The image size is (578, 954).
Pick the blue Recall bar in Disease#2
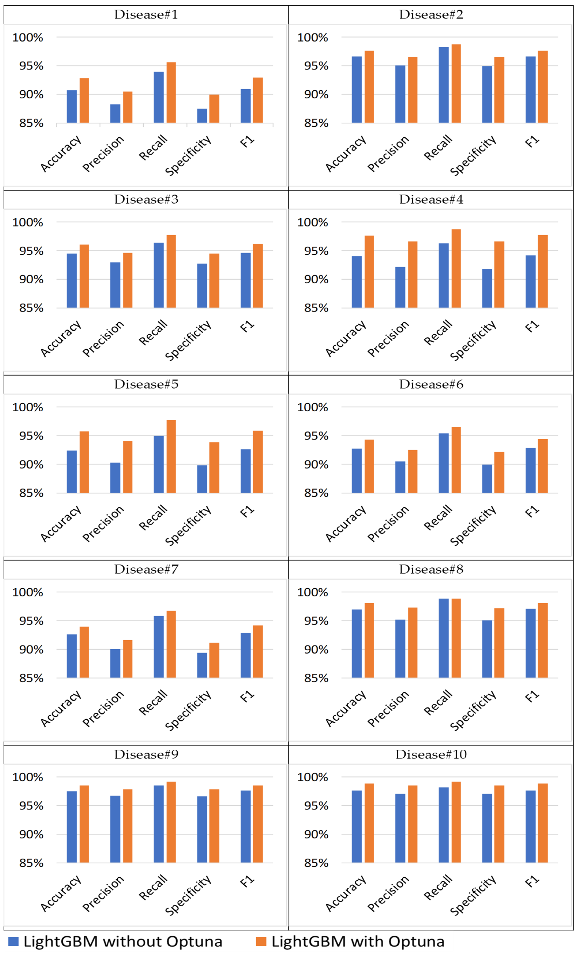[x=444, y=85]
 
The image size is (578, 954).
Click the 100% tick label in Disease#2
[x=312, y=38]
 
